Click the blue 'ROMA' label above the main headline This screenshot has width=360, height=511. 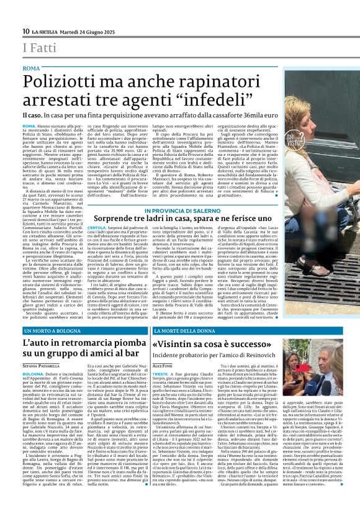(x=31, y=66)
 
